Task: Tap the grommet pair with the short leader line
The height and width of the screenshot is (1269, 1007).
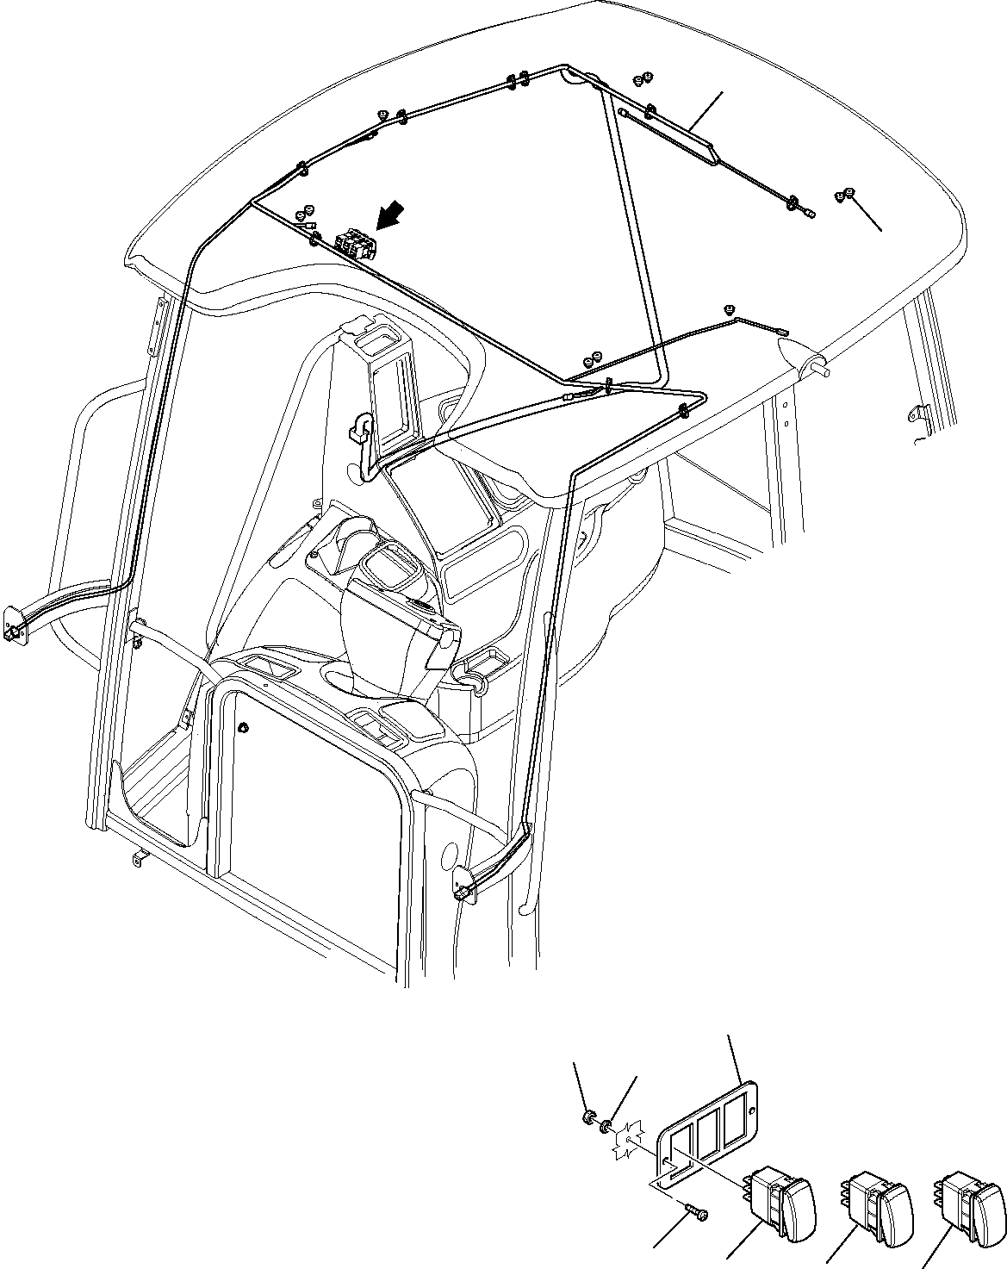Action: click(x=844, y=196)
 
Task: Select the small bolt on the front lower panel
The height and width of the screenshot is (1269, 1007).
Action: click(x=243, y=728)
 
